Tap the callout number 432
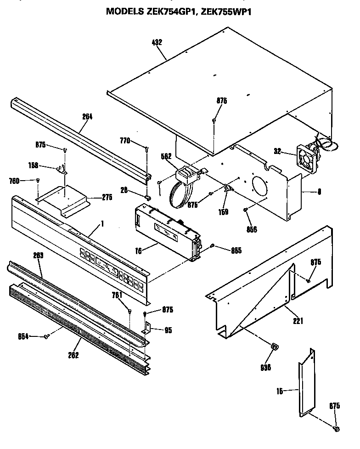157,43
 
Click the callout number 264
87,117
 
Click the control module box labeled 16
168,230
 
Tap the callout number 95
168,330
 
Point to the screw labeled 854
46,337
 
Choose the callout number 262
73,355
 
